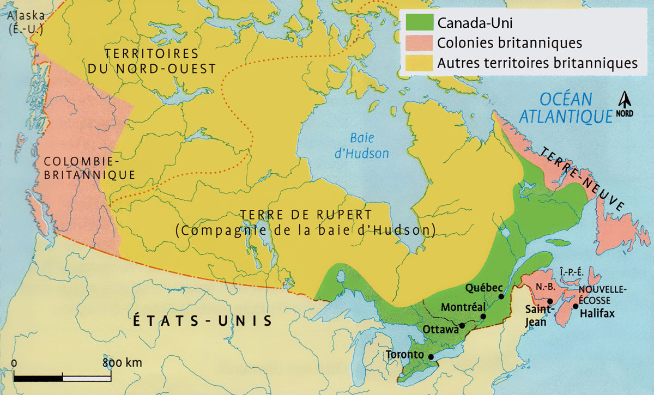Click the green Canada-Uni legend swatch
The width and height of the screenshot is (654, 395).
click(x=419, y=24)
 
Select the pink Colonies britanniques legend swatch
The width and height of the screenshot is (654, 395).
click(x=419, y=43)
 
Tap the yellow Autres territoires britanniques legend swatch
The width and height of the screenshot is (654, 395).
click(x=419, y=62)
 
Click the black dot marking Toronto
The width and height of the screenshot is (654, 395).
click(x=431, y=357)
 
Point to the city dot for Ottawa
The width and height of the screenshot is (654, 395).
click(x=462, y=326)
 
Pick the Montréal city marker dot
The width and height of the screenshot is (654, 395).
click(x=483, y=317)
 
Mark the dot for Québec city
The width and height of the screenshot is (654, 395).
click(x=501, y=296)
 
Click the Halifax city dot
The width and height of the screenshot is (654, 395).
click(x=576, y=307)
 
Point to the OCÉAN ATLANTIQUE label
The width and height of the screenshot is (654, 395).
click(x=564, y=107)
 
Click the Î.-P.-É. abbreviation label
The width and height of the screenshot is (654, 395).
click(x=570, y=272)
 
